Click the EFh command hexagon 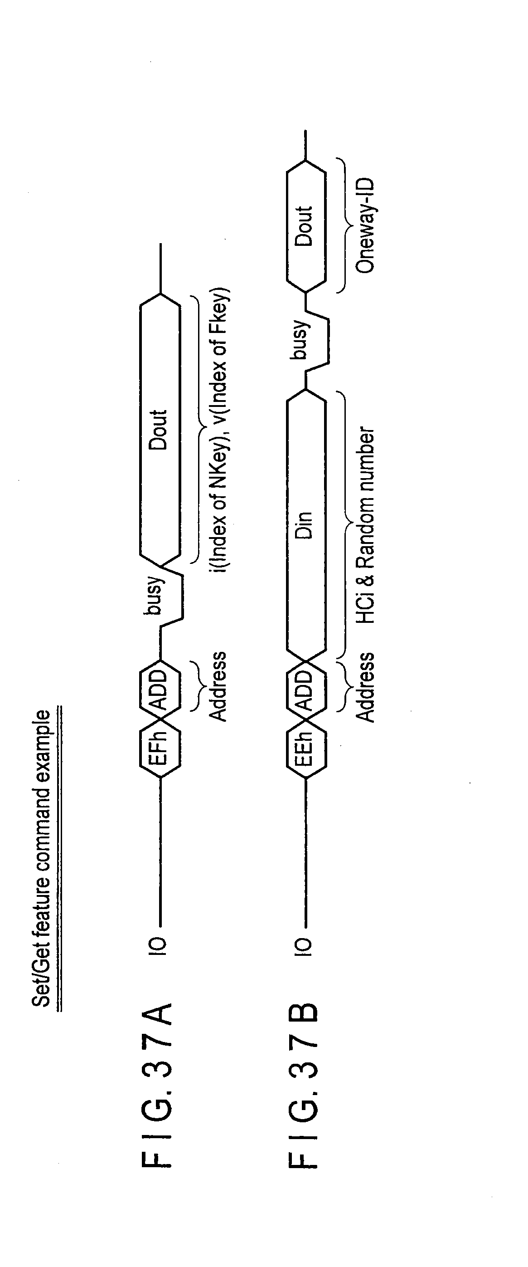[x=160, y=748]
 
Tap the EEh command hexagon [x=306, y=748]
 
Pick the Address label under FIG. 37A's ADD [x=218, y=686]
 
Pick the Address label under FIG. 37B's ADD [x=365, y=687]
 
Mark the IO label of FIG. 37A [x=160, y=946]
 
